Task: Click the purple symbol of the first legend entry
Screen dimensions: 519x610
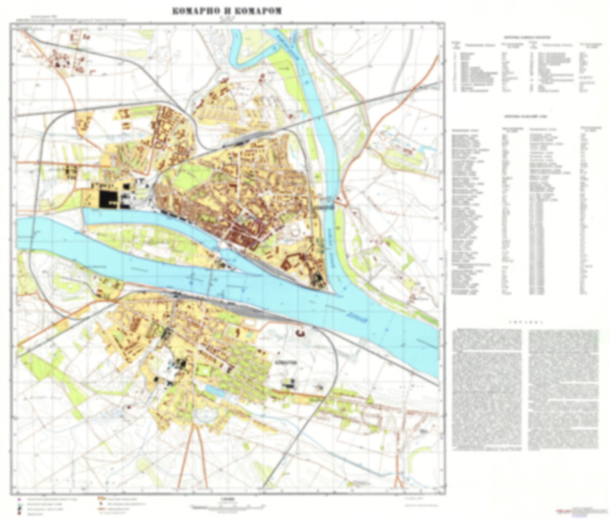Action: (x=18, y=498)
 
